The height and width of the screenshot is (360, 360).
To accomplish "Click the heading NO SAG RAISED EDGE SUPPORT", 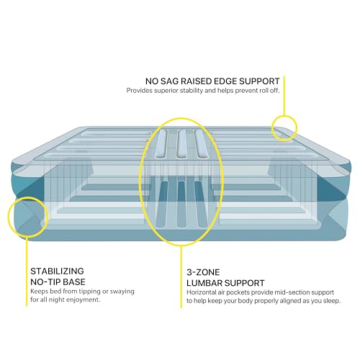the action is pos(212,81).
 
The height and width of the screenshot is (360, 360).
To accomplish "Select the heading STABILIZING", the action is pos(57,271).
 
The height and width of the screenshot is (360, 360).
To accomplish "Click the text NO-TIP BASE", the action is pos(58,282).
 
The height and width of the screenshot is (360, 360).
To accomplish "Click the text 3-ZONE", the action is pos(203,272).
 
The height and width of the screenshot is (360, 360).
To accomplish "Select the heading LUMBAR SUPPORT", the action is pos(225,283).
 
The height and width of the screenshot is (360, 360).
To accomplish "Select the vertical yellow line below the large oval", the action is pos(181,276).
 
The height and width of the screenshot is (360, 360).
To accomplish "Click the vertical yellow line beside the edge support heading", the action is pos(284,96).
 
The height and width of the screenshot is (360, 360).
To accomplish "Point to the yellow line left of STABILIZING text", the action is pos(27,271).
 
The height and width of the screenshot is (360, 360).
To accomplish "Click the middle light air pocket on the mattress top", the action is pos(181,144).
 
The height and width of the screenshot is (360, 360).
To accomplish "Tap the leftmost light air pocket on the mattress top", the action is pos(161,144).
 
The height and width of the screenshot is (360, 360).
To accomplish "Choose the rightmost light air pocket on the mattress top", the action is pos(201,144).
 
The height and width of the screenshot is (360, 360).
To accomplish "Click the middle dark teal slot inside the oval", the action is pos(181,204).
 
